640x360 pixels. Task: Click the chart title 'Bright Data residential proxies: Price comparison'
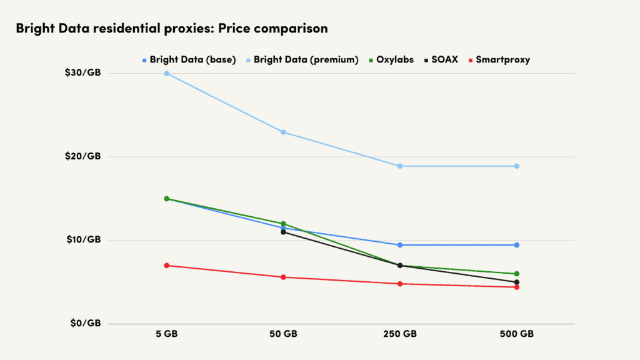[x=171, y=29]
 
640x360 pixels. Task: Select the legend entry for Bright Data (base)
[x=189, y=60]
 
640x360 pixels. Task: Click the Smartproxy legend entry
[x=499, y=60]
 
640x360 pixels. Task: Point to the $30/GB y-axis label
[x=82, y=72]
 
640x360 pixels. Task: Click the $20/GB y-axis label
[x=82, y=156]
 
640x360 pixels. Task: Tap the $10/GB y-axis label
[x=82, y=239]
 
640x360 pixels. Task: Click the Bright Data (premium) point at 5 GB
[x=167, y=73]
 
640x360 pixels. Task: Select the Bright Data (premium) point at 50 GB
[x=283, y=132]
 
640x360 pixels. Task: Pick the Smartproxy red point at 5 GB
[x=167, y=266]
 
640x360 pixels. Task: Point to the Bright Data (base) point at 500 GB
[x=517, y=245]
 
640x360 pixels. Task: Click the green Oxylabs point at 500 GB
[x=517, y=274]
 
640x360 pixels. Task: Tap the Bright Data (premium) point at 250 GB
[x=400, y=166]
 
